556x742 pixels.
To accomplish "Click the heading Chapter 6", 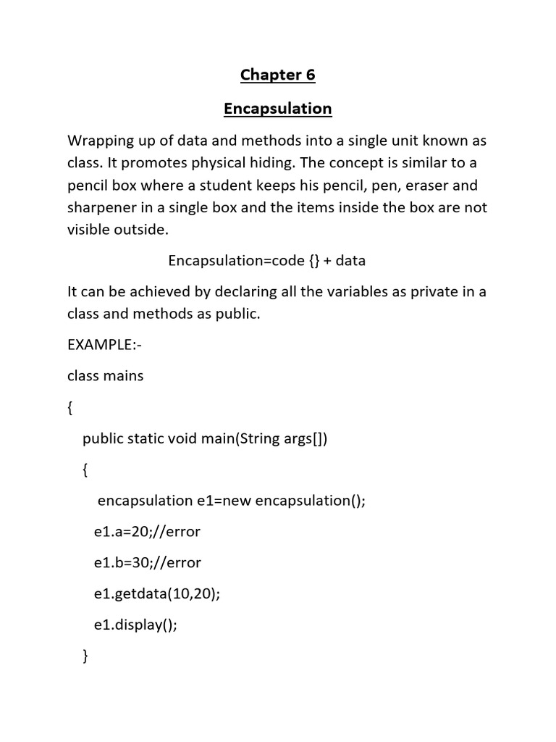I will coord(277,75).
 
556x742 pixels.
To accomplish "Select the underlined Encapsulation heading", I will coord(277,109).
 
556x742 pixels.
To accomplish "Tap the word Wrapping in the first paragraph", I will coord(98,140).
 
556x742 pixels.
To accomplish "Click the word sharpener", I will coord(101,207).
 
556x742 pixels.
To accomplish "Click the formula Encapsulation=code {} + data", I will coord(266,260).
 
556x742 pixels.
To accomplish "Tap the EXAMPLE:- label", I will coord(104,345).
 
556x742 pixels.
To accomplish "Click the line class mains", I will coord(106,375).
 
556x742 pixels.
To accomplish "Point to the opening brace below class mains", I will coord(70,407).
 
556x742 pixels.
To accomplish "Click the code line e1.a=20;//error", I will coord(147,532).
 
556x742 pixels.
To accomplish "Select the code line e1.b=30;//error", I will coord(148,562).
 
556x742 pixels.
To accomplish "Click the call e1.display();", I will coord(135,625).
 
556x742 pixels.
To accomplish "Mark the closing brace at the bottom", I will coord(86,656).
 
